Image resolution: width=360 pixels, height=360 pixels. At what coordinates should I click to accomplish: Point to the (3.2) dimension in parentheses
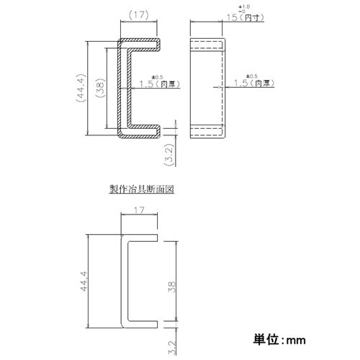coord(168,150)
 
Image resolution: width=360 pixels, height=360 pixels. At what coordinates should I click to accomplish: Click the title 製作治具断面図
coord(142,191)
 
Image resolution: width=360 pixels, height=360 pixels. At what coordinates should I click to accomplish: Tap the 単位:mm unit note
coord(279,338)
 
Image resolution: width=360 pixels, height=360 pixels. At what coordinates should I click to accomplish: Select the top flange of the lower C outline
coord(140,238)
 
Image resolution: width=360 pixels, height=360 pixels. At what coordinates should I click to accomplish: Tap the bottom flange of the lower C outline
coord(140,323)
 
